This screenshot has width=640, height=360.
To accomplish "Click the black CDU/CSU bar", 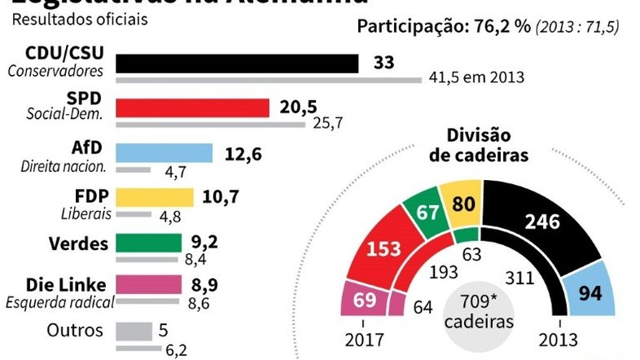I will pos(237,64).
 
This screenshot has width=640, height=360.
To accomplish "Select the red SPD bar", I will pos(192,108).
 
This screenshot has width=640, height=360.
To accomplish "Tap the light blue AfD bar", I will pos(164,153).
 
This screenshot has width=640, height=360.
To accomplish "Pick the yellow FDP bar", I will pos(155,198).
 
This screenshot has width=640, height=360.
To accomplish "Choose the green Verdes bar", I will pos(149,243).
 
